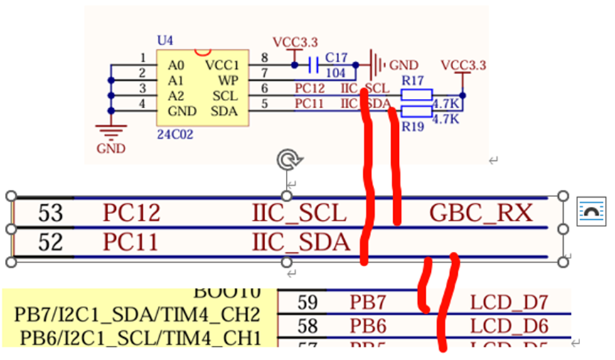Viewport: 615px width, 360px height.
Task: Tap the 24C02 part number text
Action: (x=173, y=132)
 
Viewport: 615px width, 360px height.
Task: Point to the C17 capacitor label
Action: (x=336, y=57)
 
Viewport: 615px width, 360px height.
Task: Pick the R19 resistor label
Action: (x=412, y=126)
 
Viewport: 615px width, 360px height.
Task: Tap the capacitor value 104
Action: (x=336, y=74)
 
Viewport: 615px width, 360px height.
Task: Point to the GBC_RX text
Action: (x=481, y=212)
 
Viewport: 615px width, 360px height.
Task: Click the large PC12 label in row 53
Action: (x=132, y=212)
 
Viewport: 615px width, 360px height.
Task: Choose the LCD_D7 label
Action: (x=509, y=302)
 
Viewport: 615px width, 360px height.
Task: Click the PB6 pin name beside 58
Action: (x=368, y=327)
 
